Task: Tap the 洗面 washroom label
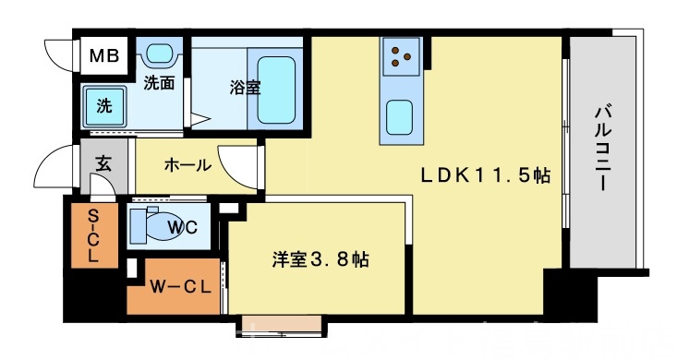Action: pos(159,82)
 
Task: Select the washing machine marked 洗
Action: pos(104,105)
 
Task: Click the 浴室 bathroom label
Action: pos(245,89)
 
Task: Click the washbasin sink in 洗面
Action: pos(163,54)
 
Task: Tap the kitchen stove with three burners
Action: pos(402,56)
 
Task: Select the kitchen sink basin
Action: pos(402,116)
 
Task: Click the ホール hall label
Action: pos(187,166)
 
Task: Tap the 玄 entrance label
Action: pos(103,166)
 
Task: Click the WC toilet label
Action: pos(182,227)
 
